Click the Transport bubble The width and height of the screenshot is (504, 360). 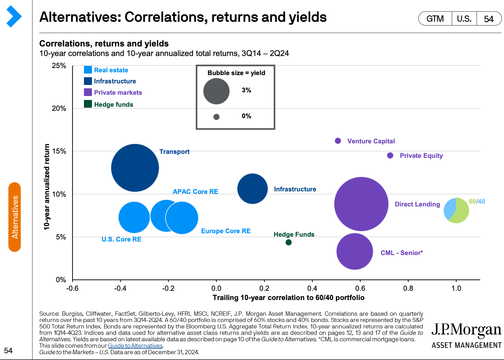[x=135, y=168]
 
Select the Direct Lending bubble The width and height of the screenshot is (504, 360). [x=361, y=204]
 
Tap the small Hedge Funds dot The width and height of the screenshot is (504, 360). [x=288, y=242]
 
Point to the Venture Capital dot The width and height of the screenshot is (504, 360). [x=338, y=141]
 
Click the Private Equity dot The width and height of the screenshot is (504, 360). [x=390, y=155]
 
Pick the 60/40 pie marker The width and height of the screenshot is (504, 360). [x=456, y=210]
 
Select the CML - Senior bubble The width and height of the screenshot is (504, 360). [x=355, y=251]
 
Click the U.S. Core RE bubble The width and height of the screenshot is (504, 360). [x=134, y=217]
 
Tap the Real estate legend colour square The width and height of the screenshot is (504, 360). [x=88, y=70]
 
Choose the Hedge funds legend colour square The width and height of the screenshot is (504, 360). [x=88, y=104]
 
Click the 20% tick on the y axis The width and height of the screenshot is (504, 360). [x=59, y=108]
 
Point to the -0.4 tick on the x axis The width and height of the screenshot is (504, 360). [x=120, y=288]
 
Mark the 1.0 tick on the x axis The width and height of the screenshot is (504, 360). [x=456, y=288]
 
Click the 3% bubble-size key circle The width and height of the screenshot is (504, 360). [x=216, y=91]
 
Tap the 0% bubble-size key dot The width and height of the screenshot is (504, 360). [x=216, y=117]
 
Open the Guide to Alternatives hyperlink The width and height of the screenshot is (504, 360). [x=135, y=346]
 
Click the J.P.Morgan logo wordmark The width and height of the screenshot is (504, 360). [x=466, y=330]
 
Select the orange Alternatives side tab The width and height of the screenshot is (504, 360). [x=15, y=217]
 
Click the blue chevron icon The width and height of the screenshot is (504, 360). [x=14, y=17]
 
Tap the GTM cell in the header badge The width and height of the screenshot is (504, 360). [x=435, y=19]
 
